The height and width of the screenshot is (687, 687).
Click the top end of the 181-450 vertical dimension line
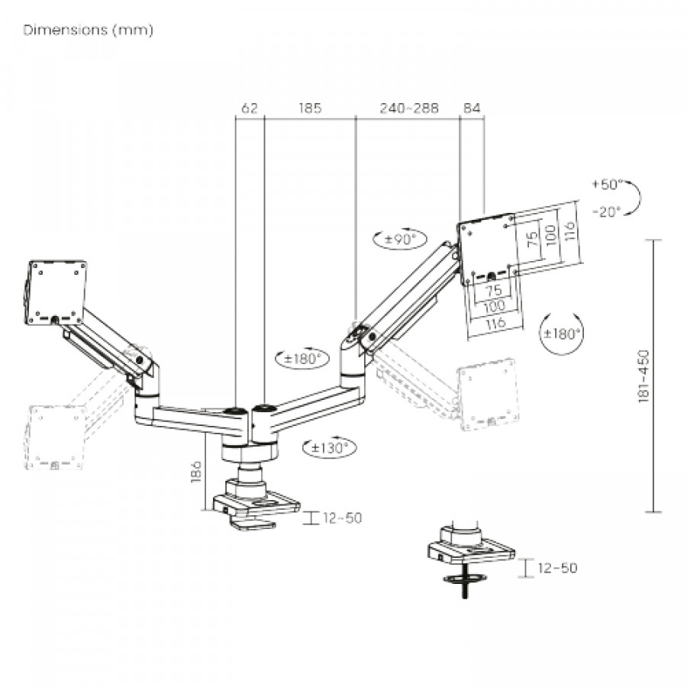click(653, 240)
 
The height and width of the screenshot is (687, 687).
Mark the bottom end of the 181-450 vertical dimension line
click(653, 511)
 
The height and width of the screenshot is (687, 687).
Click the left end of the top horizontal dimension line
click(235, 117)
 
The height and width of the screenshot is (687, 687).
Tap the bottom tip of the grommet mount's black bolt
click(464, 598)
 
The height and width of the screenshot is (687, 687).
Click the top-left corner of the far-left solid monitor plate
click(30, 262)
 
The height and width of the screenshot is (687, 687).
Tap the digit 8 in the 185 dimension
click(310, 108)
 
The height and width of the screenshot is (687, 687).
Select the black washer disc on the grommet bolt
click(465, 579)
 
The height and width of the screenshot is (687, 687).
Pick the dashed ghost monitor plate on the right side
click(487, 394)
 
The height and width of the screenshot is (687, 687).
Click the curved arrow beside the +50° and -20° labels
click(632, 198)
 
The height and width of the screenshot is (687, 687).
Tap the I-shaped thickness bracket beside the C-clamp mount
click(311, 518)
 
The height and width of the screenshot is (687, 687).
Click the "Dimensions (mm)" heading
click(88, 30)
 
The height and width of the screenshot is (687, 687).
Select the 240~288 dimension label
click(409, 108)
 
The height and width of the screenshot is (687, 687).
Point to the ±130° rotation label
click(330, 448)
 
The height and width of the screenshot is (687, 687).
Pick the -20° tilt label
click(607, 212)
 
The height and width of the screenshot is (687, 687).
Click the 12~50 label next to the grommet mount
click(557, 568)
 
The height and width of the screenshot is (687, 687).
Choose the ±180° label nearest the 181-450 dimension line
click(562, 334)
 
